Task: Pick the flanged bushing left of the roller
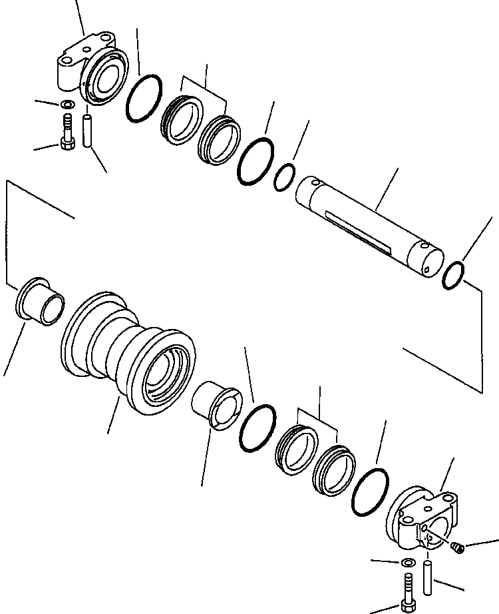[x=40, y=303]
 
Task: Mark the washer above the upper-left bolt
[x=67, y=105]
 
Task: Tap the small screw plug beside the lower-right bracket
[x=457, y=547]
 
